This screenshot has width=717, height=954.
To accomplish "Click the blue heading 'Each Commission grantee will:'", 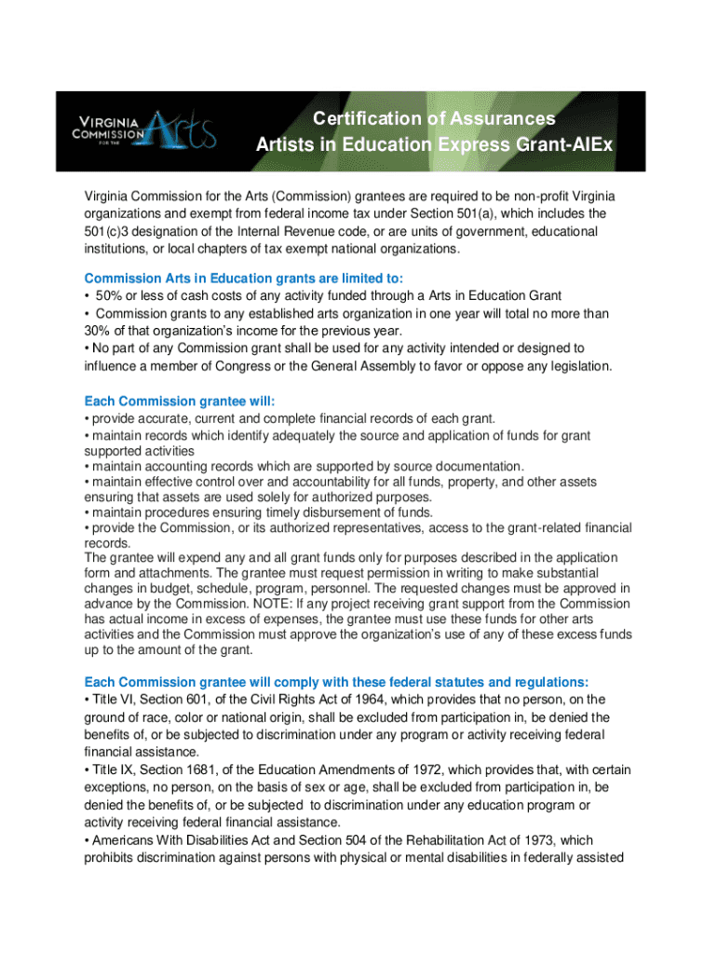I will click(180, 402).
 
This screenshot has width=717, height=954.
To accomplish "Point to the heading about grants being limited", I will click(244, 279).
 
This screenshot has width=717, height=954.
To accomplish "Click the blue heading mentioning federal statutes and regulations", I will click(336, 681).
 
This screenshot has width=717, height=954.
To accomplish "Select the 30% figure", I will click(98, 332).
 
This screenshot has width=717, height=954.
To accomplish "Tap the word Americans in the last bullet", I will click(124, 840).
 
